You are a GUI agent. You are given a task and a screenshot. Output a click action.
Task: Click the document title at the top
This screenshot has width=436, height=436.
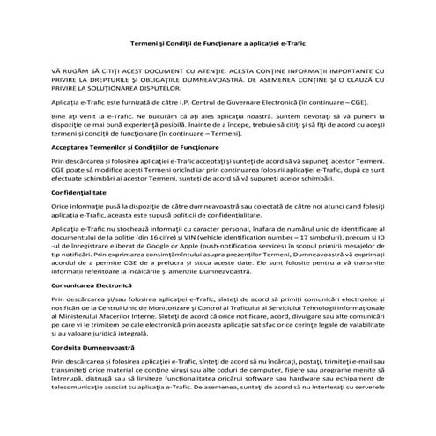(217, 41)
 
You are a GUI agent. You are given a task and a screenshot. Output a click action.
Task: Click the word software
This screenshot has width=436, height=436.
(270, 381)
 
